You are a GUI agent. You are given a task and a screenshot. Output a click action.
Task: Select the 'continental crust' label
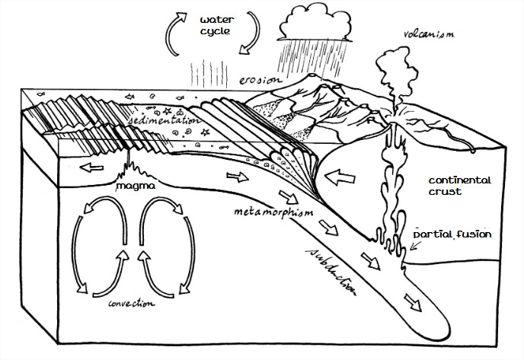[x=456, y=186]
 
